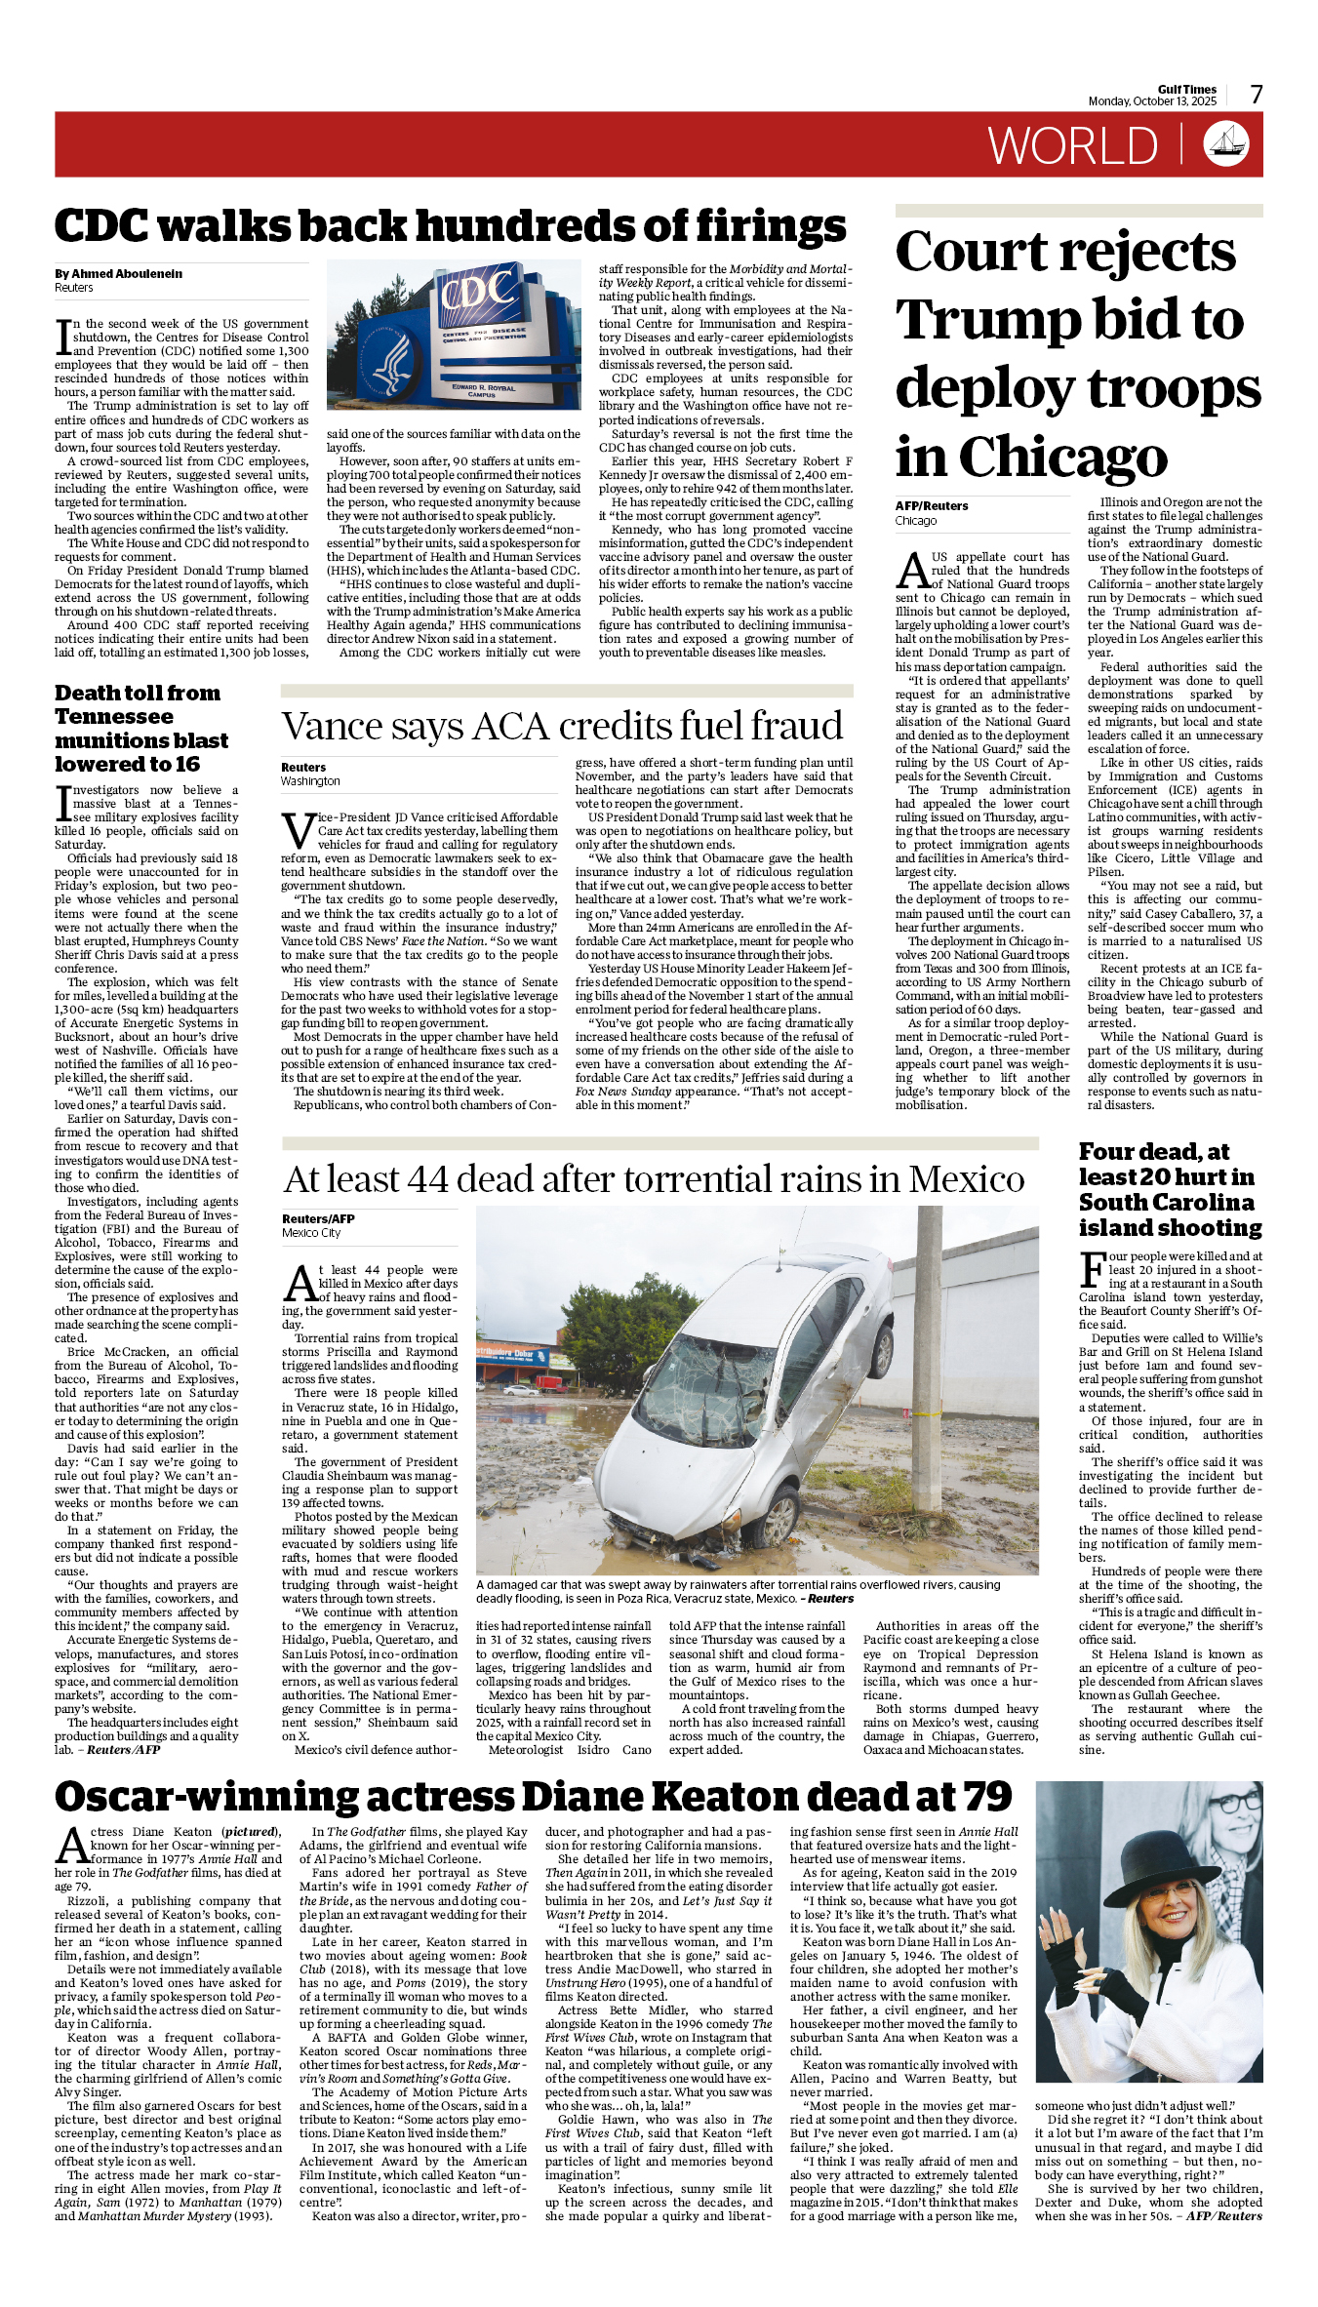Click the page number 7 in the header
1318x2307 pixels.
click(1257, 94)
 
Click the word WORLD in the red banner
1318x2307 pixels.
click(1072, 146)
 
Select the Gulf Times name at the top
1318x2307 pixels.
click(1187, 89)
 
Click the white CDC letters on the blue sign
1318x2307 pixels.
click(477, 290)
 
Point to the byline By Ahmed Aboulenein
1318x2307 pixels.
click(118, 274)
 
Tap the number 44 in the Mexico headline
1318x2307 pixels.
click(427, 1179)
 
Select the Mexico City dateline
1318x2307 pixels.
click(311, 1233)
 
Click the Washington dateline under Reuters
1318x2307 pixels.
click(310, 781)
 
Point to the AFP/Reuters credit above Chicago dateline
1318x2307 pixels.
click(932, 506)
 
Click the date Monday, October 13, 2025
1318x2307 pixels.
click(1152, 101)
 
